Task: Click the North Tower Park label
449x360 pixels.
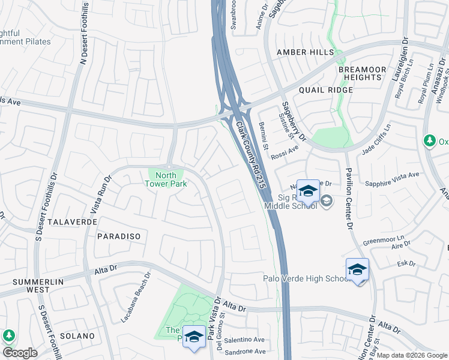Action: [169, 179]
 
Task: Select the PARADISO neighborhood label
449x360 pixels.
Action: [118, 236]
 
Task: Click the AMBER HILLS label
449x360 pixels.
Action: [304, 53]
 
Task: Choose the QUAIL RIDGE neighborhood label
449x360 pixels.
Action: [328, 89]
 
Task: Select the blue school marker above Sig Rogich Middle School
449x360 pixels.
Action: [308, 191]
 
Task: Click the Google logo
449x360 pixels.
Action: [20, 353]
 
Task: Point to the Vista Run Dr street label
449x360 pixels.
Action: [100, 195]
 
